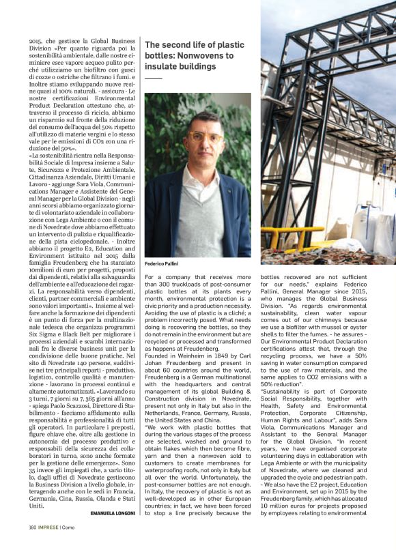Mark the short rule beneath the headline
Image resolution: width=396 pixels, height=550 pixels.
154,79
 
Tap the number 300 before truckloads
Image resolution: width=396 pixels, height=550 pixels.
169,285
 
